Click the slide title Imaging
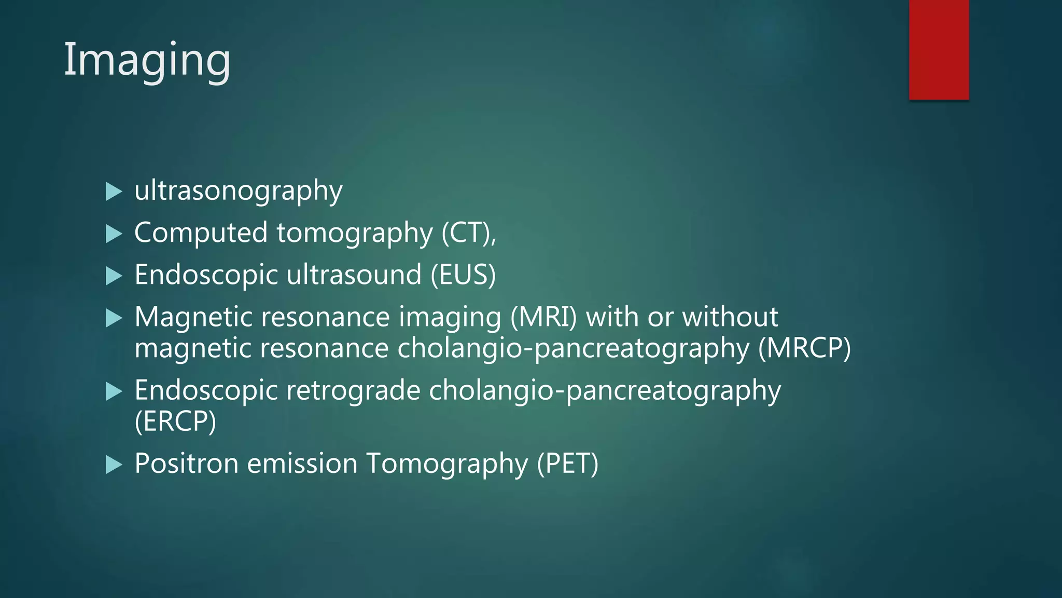click(147, 61)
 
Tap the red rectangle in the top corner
click(939, 49)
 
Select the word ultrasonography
click(238, 191)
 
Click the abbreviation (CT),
click(469, 233)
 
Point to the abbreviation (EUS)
click(463, 275)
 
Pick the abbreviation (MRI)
click(543, 317)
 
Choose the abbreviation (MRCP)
click(804, 348)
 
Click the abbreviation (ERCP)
click(175, 421)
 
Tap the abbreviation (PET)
click(567, 463)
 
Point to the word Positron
click(186, 463)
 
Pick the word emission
click(302, 463)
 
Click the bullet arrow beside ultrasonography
click(114, 192)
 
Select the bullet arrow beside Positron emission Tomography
click(114, 464)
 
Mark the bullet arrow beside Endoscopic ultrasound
click(114, 276)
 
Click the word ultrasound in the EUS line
click(354, 275)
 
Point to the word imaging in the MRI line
click(450, 318)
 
